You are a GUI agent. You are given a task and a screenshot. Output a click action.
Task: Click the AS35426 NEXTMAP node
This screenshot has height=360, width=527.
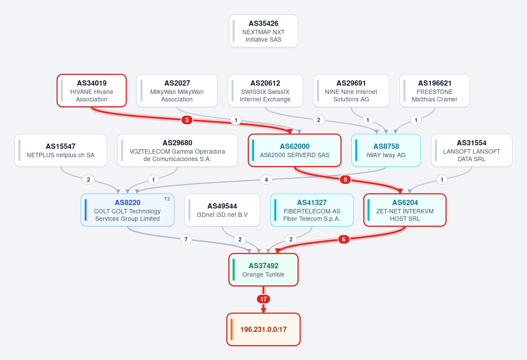coord(263,31)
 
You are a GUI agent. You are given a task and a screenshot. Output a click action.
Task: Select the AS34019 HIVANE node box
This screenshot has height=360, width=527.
coord(91,91)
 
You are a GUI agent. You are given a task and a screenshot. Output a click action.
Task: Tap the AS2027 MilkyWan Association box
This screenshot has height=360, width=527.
coord(177,91)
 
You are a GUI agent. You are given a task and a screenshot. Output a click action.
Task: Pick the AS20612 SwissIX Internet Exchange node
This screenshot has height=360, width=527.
coord(265,91)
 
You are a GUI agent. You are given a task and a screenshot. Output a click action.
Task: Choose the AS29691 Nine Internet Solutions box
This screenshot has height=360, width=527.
coord(351,91)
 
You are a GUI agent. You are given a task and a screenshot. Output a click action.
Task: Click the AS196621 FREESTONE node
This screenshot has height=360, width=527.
coord(434,91)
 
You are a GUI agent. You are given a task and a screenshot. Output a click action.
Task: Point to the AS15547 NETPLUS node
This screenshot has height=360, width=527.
coord(61,151)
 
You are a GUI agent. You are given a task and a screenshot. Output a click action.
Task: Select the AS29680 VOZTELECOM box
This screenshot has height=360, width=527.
coord(177,151)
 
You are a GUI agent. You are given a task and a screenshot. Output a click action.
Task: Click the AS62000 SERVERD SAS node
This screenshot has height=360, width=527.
coord(295,151)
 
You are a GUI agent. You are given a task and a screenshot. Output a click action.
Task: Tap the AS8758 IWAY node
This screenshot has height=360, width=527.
coord(386,151)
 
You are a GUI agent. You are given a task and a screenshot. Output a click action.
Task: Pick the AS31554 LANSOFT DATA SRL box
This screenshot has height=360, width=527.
coord(472,151)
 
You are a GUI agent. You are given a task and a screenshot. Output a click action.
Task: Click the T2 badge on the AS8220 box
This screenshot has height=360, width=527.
coord(167,199)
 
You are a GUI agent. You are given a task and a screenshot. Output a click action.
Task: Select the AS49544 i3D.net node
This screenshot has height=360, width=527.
coord(222,210)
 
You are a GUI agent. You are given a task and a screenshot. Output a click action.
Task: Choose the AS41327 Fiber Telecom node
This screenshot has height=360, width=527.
coord(312,210)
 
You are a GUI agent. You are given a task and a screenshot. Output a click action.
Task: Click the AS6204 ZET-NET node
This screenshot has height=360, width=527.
coord(404,210)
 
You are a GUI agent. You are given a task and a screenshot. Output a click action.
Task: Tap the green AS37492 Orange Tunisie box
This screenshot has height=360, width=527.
coord(263,270)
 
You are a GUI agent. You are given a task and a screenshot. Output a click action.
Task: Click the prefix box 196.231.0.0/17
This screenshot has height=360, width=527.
coord(263,329)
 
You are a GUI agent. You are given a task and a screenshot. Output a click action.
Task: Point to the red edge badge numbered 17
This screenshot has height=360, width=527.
coord(263,299)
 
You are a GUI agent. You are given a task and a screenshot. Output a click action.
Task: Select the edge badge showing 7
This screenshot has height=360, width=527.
coord(186,239)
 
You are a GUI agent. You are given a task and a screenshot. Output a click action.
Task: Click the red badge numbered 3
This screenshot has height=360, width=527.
coord(187,120)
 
